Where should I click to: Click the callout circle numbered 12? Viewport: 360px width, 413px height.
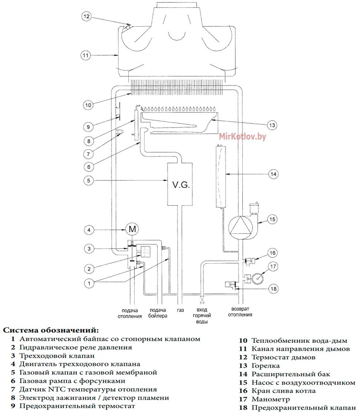tap(86, 17)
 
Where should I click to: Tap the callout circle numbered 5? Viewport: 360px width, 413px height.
tap(88, 180)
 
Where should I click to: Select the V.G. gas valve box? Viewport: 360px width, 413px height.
tap(180, 184)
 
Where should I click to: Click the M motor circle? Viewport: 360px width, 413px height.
tap(132, 229)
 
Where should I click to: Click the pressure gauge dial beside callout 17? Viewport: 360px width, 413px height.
tap(258, 278)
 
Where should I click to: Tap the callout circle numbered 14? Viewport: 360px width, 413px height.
tap(273, 174)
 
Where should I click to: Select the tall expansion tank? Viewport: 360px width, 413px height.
tap(220, 176)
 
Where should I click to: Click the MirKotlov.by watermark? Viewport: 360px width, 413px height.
tap(242, 136)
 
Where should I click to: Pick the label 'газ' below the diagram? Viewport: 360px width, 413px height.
tap(180, 310)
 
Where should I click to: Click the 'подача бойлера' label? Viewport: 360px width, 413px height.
tap(158, 313)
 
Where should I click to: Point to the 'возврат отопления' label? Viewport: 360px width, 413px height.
tap(240, 311)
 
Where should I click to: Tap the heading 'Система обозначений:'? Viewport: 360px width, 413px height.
tap(51, 330)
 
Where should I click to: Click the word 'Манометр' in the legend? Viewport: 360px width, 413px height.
tap(270, 399)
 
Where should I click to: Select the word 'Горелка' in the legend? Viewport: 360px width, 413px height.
tap(265, 366)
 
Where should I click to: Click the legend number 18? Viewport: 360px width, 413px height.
tap(243, 408)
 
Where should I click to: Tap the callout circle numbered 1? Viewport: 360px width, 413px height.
tap(89, 283)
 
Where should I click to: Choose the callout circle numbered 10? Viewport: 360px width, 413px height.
tap(88, 105)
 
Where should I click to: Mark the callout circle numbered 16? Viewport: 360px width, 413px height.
tap(272, 253)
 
